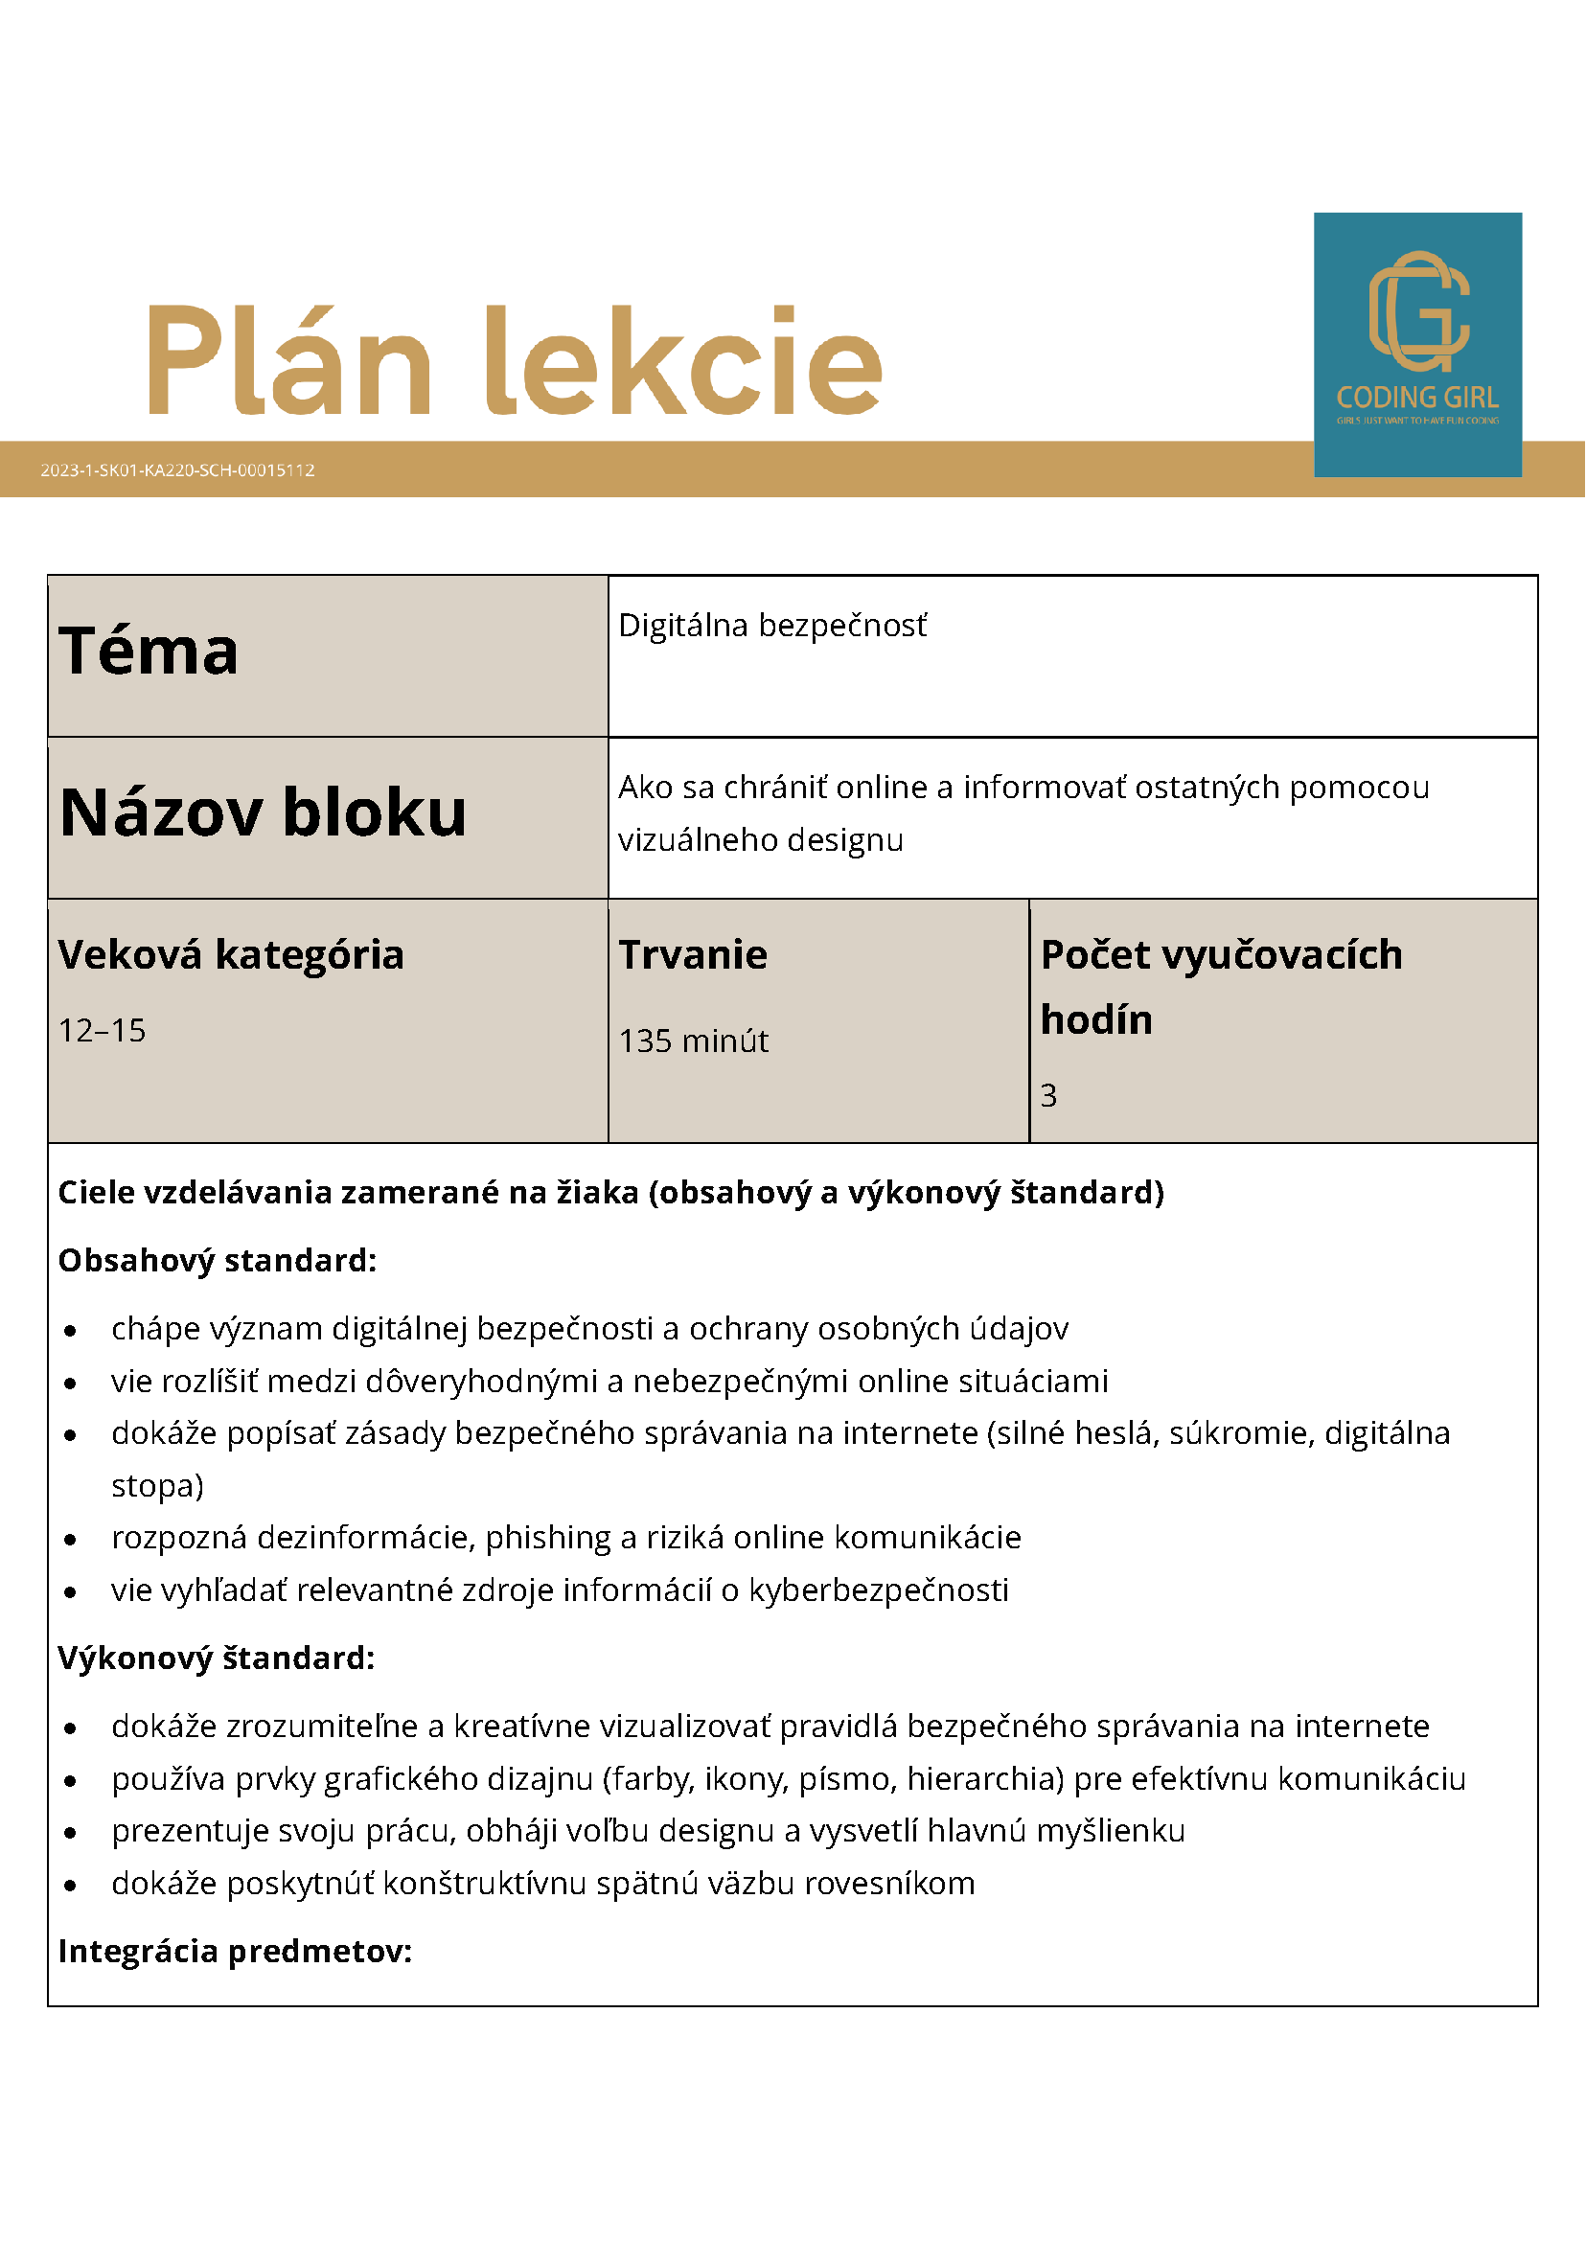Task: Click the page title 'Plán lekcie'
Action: [x=515, y=360]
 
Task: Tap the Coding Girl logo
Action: [x=1416, y=344]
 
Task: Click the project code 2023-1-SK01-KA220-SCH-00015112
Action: [x=177, y=469]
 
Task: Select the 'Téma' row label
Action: [x=149, y=652]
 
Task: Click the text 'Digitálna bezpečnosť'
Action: [x=772, y=625]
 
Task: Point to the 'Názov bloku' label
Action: [x=263, y=812]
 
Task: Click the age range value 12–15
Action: [x=102, y=1030]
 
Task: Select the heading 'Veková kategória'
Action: [x=231, y=954]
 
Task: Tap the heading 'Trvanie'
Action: [x=693, y=954]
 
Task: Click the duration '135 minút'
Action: [x=694, y=1041]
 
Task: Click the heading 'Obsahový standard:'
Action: [x=217, y=1260]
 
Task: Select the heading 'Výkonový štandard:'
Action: [x=216, y=1658]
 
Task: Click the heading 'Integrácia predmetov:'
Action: [x=235, y=1950]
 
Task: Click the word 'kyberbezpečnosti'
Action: [x=878, y=1590]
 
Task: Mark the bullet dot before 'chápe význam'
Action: [x=70, y=1331]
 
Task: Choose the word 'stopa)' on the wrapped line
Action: [x=157, y=1485]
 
